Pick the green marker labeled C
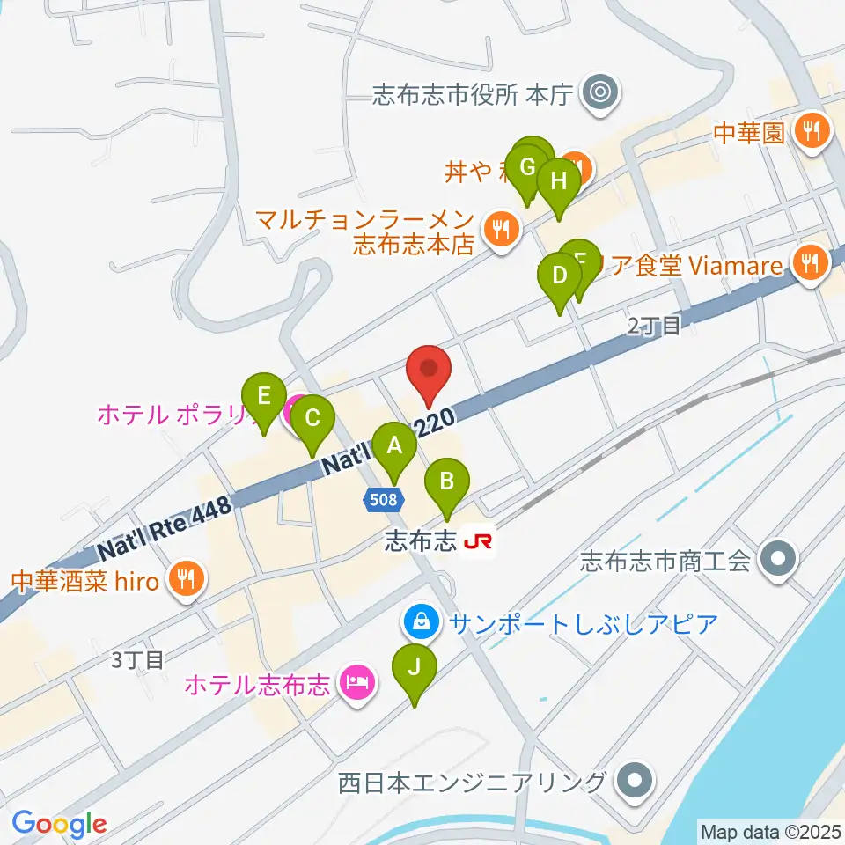(312, 417)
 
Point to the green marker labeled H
(559, 182)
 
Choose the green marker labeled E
(263, 396)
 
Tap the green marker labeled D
(559, 275)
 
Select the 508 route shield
(385, 500)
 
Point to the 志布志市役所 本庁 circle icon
(604, 90)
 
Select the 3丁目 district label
(138, 659)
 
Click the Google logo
(59, 824)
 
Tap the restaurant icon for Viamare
(808, 263)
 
